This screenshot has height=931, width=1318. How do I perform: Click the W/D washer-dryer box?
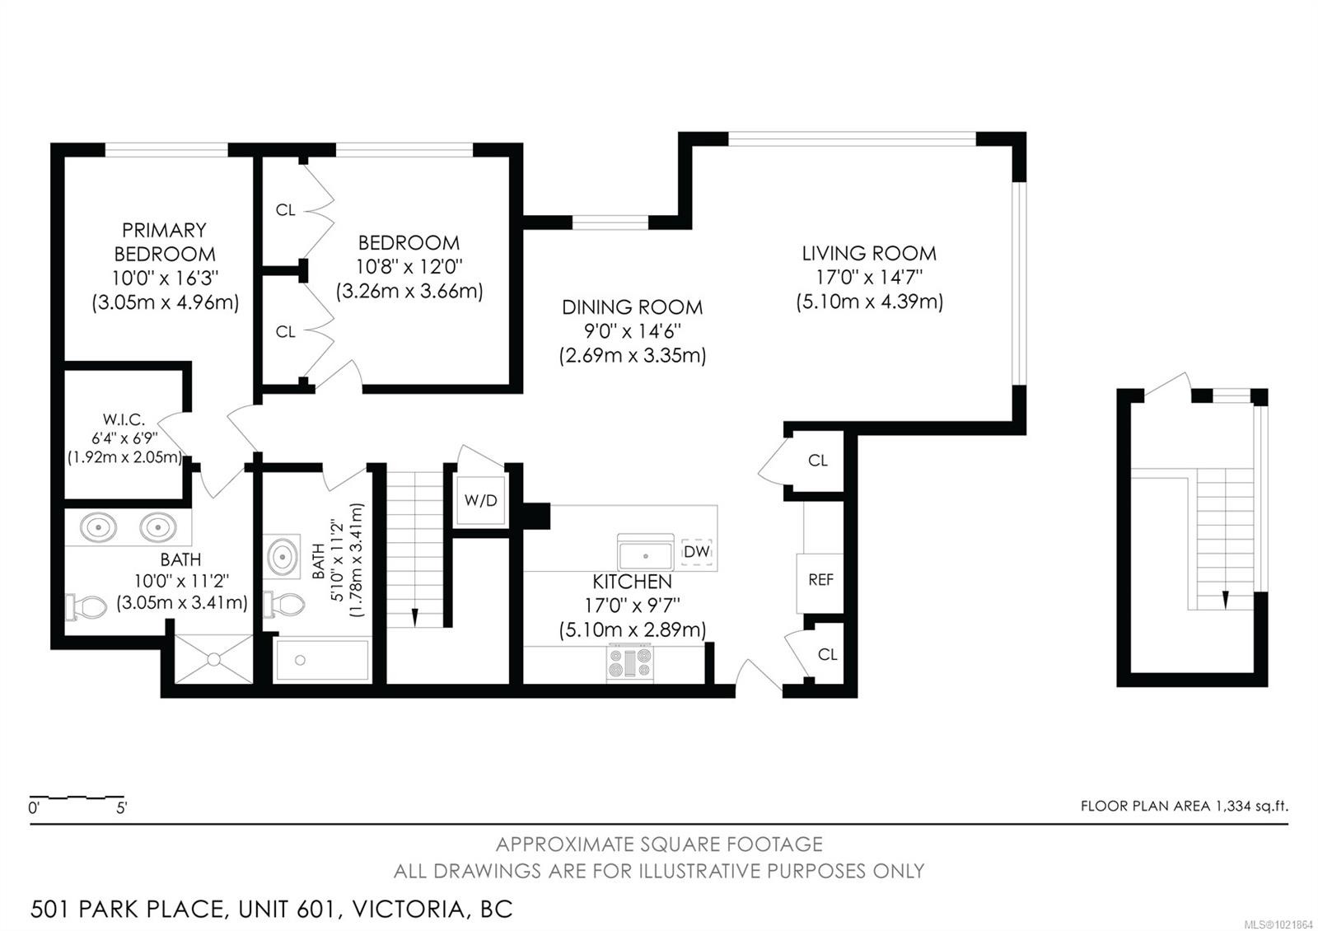click(480, 500)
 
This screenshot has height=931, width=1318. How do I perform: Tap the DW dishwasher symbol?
click(696, 551)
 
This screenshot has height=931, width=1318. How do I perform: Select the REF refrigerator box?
click(820, 580)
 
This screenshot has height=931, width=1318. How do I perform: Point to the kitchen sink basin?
click(647, 552)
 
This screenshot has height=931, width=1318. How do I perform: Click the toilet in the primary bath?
click(86, 608)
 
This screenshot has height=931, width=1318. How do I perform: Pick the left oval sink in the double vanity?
click(97, 526)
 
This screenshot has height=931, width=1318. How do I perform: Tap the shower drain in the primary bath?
click(214, 659)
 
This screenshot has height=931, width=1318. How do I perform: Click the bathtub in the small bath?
click(322, 660)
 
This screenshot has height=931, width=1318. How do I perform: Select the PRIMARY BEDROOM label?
click(164, 241)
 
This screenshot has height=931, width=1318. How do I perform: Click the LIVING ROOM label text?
click(869, 254)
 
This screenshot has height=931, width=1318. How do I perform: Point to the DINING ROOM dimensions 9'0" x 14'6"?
click(632, 332)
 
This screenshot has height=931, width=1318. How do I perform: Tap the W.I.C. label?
click(124, 420)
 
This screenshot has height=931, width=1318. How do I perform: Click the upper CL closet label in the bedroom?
click(285, 210)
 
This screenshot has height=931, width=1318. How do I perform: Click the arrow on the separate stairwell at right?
click(1226, 598)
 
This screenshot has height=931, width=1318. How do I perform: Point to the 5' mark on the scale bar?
click(122, 808)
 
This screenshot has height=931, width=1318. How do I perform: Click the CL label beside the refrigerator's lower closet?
click(827, 654)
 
